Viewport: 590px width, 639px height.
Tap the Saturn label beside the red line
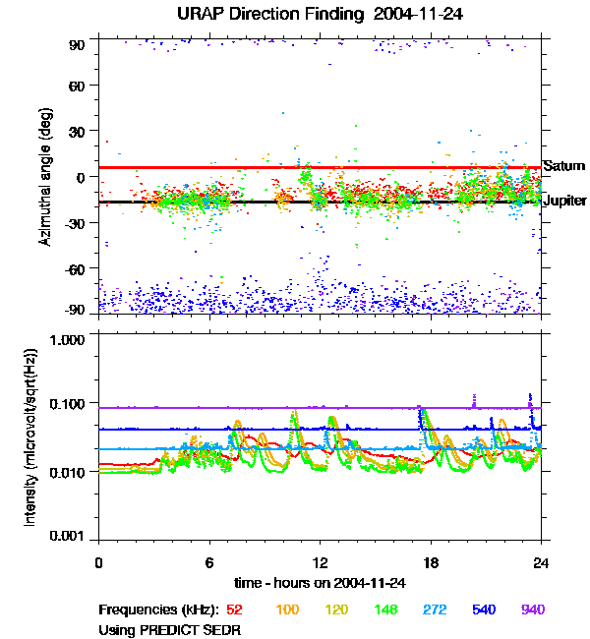click(563, 166)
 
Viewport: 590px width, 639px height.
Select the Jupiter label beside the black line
click(564, 201)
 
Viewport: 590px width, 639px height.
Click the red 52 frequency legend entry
click(234, 610)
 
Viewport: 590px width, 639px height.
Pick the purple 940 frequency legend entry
click(532, 610)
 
